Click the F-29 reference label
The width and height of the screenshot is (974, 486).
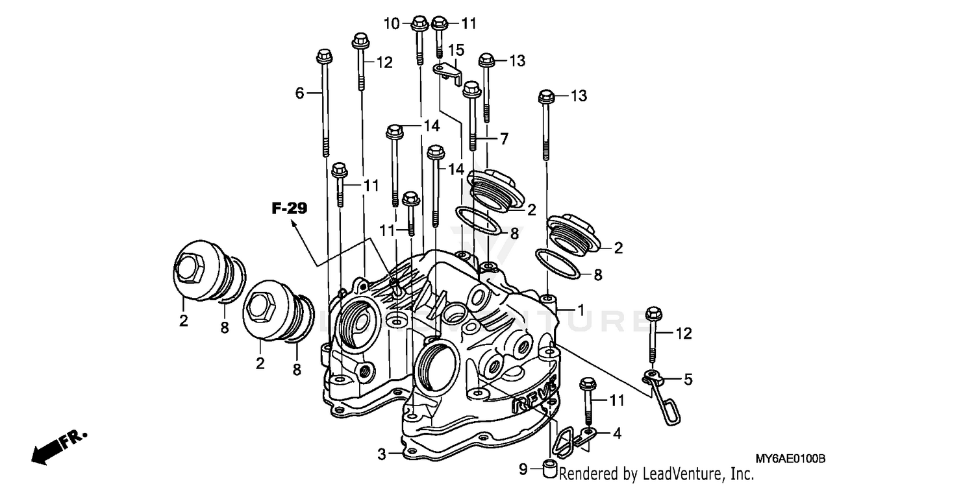(x=289, y=208)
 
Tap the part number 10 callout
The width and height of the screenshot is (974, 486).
(x=392, y=24)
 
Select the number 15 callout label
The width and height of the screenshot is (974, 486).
(x=456, y=50)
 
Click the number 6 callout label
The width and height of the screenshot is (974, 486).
(x=299, y=93)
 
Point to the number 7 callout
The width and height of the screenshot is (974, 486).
(x=503, y=138)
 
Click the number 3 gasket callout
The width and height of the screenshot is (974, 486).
(x=382, y=454)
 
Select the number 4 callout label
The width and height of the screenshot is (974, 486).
(x=617, y=433)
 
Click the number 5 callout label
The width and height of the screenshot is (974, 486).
(x=688, y=380)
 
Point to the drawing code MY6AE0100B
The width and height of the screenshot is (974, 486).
(x=790, y=459)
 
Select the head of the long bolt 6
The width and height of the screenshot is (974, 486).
(x=324, y=58)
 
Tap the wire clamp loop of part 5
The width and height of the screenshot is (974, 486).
(x=667, y=406)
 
